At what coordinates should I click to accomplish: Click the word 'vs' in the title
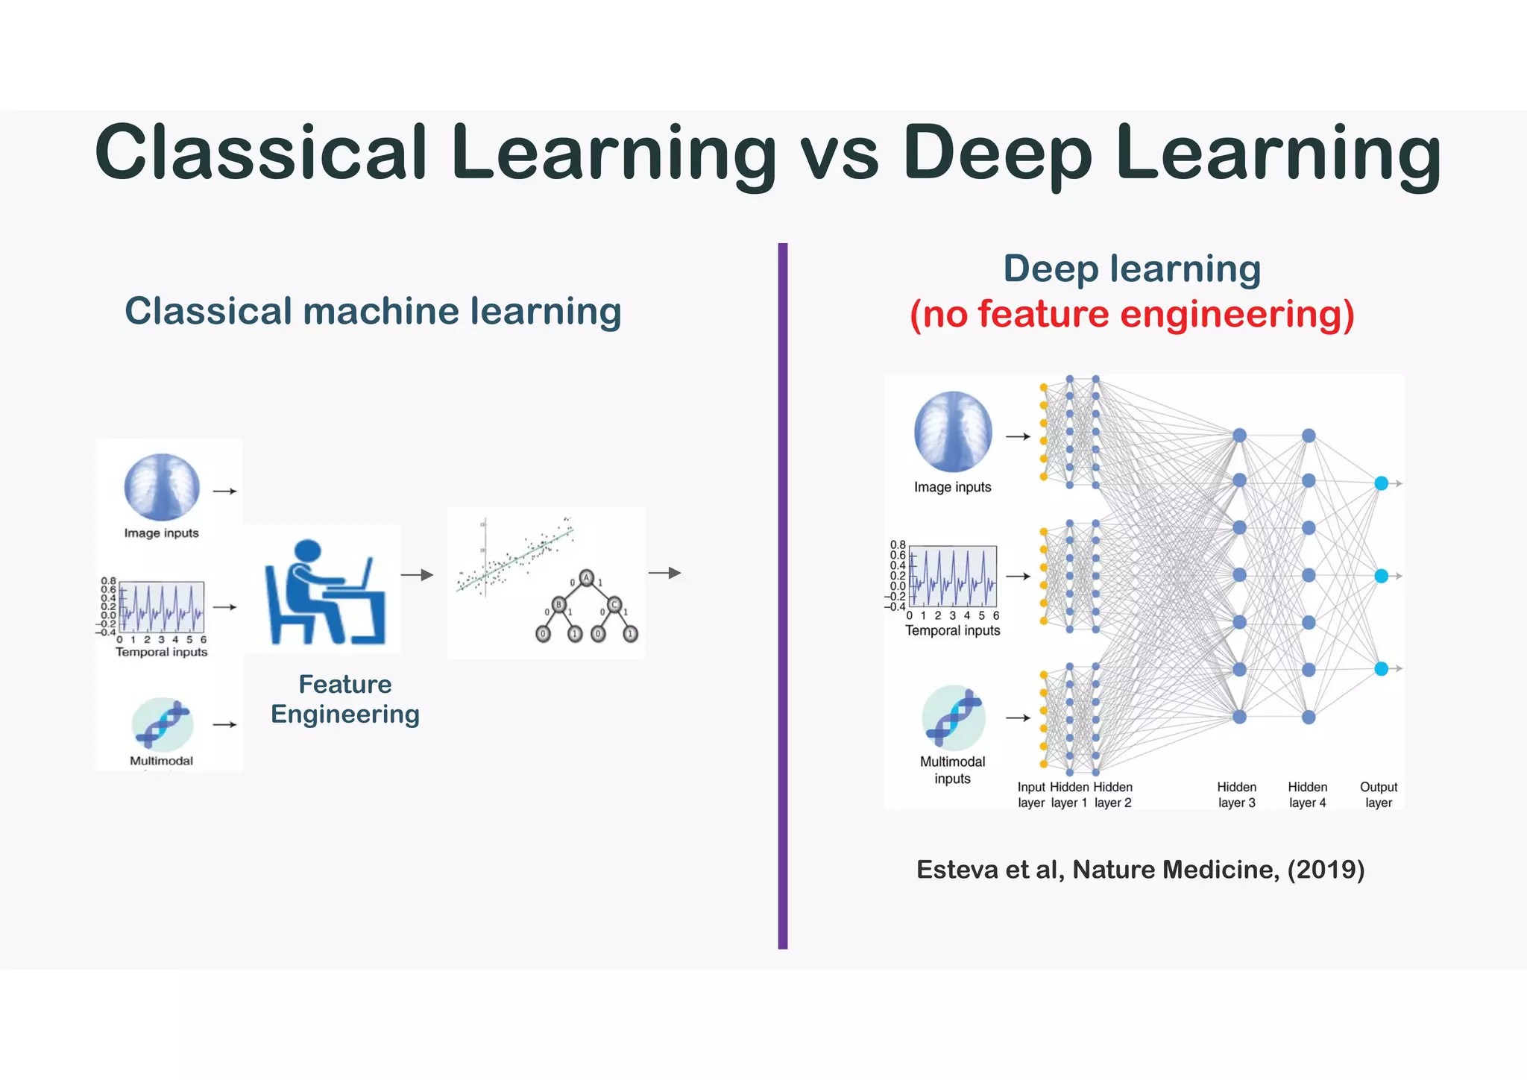pos(840,155)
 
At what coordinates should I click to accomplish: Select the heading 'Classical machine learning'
pos(373,311)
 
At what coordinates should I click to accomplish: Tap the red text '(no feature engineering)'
pos(1132,314)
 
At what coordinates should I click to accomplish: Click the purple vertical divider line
pos(782,597)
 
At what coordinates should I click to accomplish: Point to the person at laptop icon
pos(325,592)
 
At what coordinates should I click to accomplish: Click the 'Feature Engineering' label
pos(345,699)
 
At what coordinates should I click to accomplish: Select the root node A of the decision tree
pos(587,578)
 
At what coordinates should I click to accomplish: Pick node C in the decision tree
pos(614,604)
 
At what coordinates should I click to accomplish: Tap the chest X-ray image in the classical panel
pos(162,487)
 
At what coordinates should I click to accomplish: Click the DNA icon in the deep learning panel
pos(954,718)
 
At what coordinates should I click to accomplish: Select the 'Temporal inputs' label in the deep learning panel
pos(952,631)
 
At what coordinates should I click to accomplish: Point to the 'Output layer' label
pos(1379,795)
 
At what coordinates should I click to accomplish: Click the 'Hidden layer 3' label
pos(1237,795)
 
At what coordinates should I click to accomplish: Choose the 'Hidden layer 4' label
pos(1308,795)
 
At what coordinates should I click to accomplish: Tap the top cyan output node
pos(1381,483)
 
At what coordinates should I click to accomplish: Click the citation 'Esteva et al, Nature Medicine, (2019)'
pos(1140,870)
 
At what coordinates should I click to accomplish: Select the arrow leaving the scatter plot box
pos(664,573)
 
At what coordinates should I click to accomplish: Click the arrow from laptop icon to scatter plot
pos(417,574)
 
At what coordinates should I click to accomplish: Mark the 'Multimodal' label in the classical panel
pos(161,761)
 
